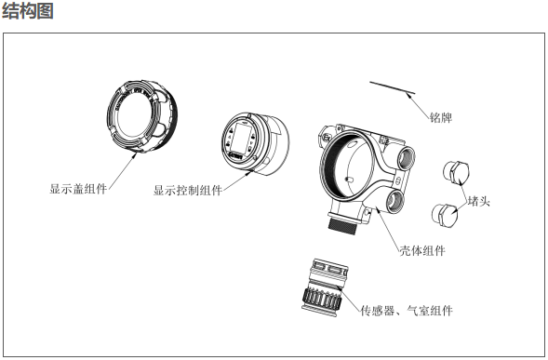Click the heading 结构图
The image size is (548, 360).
click(x=28, y=10)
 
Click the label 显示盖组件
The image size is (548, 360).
click(x=78, y=189)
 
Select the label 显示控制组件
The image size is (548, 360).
click(x=188, y=190)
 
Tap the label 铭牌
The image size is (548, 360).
click(x=441, y=117)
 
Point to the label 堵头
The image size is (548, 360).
click(x=479, y=201)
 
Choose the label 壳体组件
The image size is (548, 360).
click(x=422, y=250)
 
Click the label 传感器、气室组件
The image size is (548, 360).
click(x=407, y=311)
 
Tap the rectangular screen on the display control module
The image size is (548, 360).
click(x=240, y=137)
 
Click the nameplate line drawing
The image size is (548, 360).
click(x=393, y=87)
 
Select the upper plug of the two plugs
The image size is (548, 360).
click(x=456, y=172)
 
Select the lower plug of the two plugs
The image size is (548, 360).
click(x=445, y=214)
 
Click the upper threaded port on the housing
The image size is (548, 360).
click(x=407, y=157)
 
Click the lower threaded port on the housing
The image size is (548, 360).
click(x=395, y=201)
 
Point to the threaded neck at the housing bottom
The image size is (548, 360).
click(x=343, y=225)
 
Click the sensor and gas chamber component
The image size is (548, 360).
click(x=325, y=285)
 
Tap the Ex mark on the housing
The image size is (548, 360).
click(x=327, y=138)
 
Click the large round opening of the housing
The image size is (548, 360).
click(x=348, y=167)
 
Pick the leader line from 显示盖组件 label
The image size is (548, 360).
click(x=122, y=170)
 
